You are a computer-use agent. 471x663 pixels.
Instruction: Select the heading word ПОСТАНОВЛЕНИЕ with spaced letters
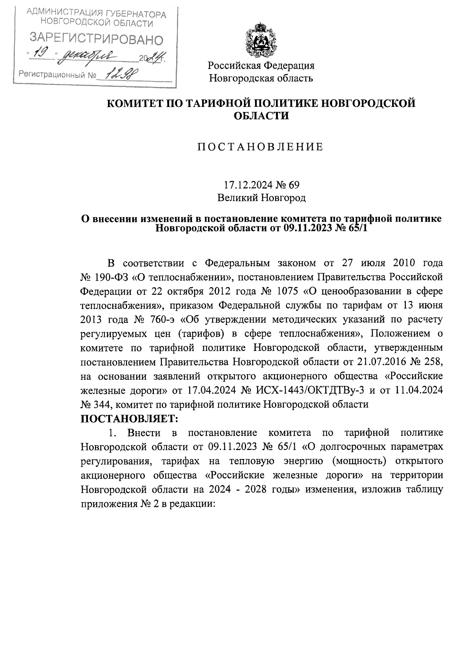tap(260, 147)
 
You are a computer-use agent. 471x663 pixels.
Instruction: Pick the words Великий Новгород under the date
tap(261, 198)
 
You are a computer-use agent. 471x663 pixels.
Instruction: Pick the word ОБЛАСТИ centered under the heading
tap(261, 116)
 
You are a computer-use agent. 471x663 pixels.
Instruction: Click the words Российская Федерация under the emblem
tap(261, 65)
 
